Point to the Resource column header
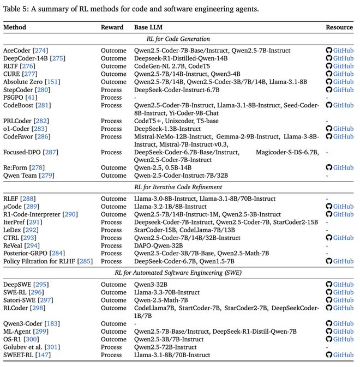(339, 27)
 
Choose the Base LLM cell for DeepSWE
(154, 284)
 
